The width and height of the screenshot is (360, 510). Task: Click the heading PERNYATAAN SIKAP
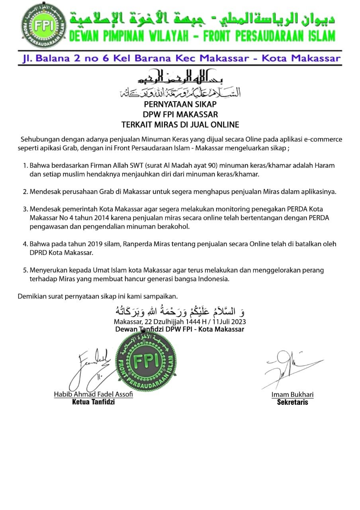click(180, 104)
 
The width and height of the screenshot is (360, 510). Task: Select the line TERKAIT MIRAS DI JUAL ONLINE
click(180, 125)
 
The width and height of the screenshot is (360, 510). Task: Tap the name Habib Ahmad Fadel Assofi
click(94, 394)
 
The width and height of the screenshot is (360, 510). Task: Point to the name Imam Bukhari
click(292, 395)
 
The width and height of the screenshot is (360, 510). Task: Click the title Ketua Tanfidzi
click(93, 402)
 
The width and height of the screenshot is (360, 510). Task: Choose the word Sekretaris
click(292, 402)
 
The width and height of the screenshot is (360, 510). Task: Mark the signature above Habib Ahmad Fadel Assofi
click(90, 369)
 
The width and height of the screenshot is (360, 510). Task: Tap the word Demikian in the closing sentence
click(32, 296)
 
